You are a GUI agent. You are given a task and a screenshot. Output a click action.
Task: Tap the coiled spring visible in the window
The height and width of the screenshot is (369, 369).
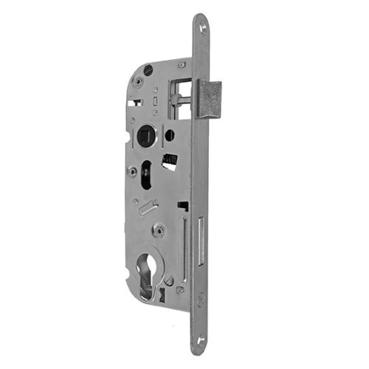[x=170, y=159]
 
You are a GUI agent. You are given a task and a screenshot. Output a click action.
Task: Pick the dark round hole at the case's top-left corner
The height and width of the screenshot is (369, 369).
[x=149, y=71]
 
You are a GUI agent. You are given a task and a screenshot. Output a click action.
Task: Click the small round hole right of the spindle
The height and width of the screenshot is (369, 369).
[x=170, y=135]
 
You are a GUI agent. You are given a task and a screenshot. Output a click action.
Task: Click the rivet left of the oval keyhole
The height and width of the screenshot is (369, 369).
[x=133, y=172]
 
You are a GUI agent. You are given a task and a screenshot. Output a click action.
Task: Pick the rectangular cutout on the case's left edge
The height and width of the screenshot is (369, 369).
[x=132, y=104]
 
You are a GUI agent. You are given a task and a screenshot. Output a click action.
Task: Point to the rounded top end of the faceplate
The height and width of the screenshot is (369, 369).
[x=200, y=18]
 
